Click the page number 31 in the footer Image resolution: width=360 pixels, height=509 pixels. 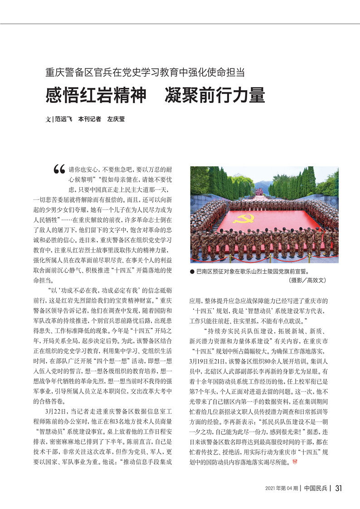(x=338, y=488)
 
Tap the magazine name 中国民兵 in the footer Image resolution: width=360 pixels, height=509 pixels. (x=316, y=488)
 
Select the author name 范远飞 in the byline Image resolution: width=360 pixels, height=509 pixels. (x=63, y=120)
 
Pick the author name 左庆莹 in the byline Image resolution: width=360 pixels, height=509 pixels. (x=116, y=120)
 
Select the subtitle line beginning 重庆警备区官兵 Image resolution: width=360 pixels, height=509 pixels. (x=145, y=72)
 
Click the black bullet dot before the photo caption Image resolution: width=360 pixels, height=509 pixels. (x=192, y=272)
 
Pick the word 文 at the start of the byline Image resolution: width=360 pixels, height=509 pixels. (x=48, y=120)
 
